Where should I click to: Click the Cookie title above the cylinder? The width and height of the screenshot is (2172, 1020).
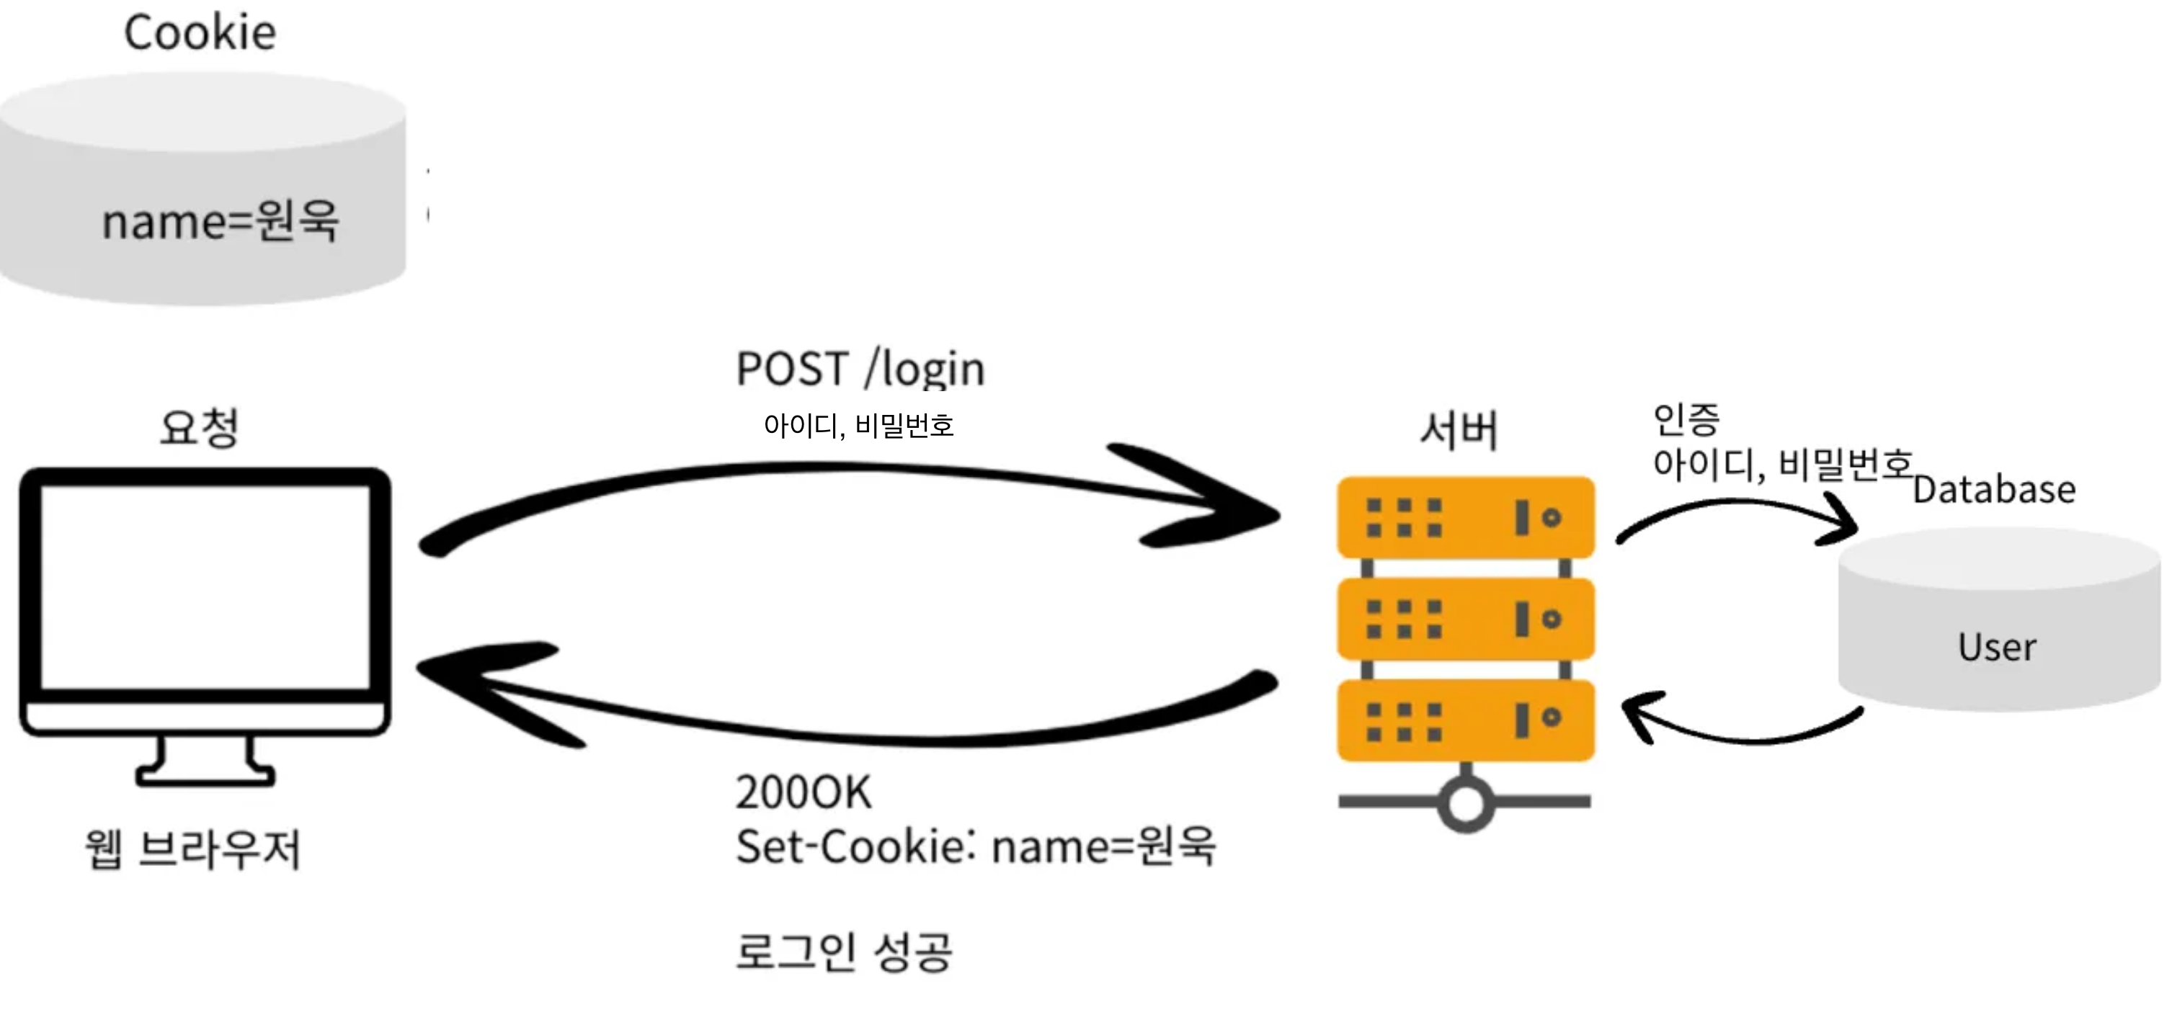(200, 34)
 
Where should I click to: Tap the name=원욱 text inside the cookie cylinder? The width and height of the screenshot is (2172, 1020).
(220, 222)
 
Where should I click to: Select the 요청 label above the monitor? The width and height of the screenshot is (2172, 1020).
(200, 427)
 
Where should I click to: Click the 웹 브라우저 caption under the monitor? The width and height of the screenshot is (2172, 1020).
(193, 848)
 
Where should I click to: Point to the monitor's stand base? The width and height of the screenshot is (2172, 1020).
(205, 773)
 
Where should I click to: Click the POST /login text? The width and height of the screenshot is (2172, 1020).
(860, 370)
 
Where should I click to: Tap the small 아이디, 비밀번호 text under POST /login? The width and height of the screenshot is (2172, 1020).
(858, 426)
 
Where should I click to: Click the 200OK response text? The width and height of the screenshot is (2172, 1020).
(804, 793)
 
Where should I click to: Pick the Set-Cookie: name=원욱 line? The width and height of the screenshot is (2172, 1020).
(976, 846)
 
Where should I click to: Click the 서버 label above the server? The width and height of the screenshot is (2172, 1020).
(1459, 430)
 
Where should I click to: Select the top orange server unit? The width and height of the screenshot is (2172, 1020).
(1466, 516)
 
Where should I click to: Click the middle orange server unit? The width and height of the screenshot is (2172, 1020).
(1466, 619)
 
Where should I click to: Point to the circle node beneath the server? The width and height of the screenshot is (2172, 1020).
(1466, 802)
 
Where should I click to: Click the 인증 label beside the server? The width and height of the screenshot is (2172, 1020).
(1686, 419)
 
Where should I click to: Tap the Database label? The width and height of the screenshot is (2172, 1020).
(1993, 490)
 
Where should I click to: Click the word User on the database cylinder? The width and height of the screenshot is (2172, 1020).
(1997, 648)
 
